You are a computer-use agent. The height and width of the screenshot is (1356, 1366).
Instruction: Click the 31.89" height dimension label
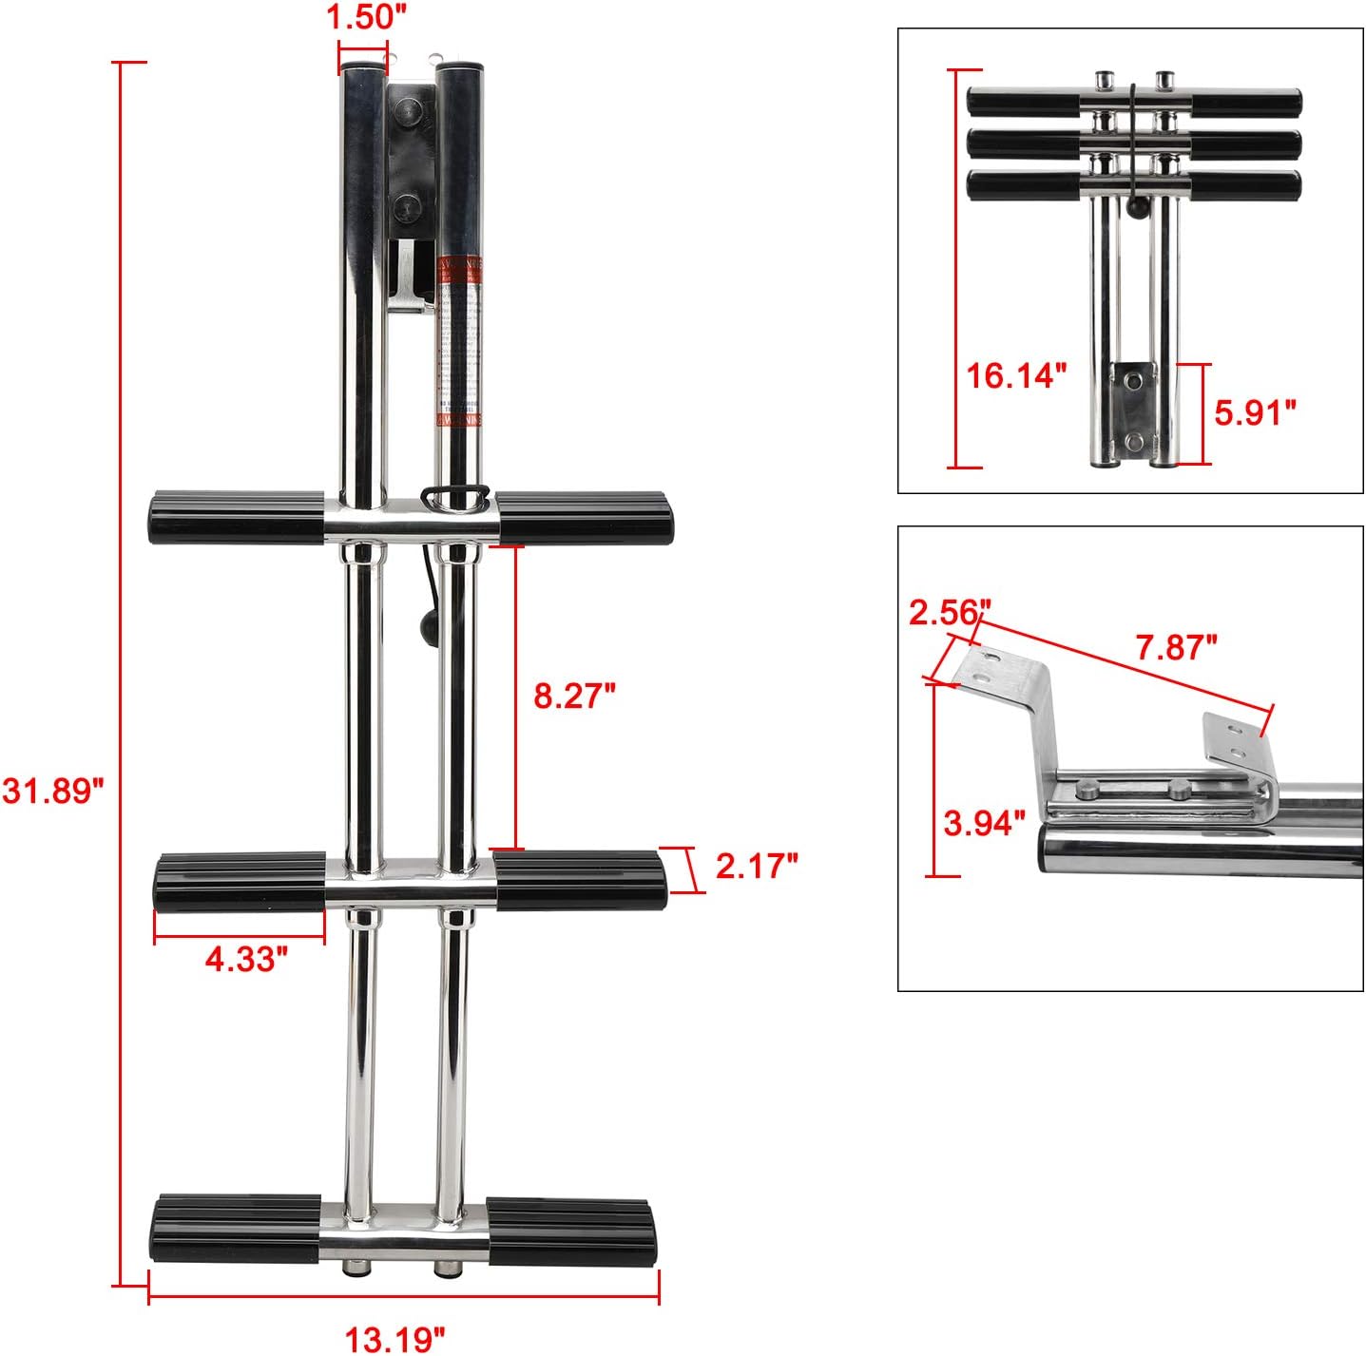pyautogui.click(x=52, y=790)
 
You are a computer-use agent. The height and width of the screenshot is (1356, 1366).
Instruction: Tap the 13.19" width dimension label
pyautogui.click(x=394, y=1339)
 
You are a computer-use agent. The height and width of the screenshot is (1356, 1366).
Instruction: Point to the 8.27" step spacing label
pyautogui.click(x=574, y=696)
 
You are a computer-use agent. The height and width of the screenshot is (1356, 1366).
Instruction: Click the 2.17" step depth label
pyautogui.click(x=756, y=866)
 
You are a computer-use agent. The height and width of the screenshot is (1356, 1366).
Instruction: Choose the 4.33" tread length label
pyautogui.click(x=246, y=959)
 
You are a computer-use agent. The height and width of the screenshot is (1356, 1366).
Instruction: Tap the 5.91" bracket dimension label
pyautogui.click(x=1255, y=412)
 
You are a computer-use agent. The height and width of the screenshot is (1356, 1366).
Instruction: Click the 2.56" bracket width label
pyautogui.click(x=950, y=613)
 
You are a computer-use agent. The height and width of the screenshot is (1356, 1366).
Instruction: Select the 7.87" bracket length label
pyautogui.click(x=1176, y=647)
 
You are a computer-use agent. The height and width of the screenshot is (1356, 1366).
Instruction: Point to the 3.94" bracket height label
pyautogui.click(x=984, y=822)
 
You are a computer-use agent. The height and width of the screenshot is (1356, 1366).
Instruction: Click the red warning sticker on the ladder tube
pyautogui.click(x=458, y=342)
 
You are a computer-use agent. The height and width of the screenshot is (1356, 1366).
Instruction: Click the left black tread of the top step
pyautogui.click(x=237, y=517)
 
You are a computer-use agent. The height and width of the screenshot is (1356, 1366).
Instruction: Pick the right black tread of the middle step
pyautogui.click(x=580, y=880)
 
